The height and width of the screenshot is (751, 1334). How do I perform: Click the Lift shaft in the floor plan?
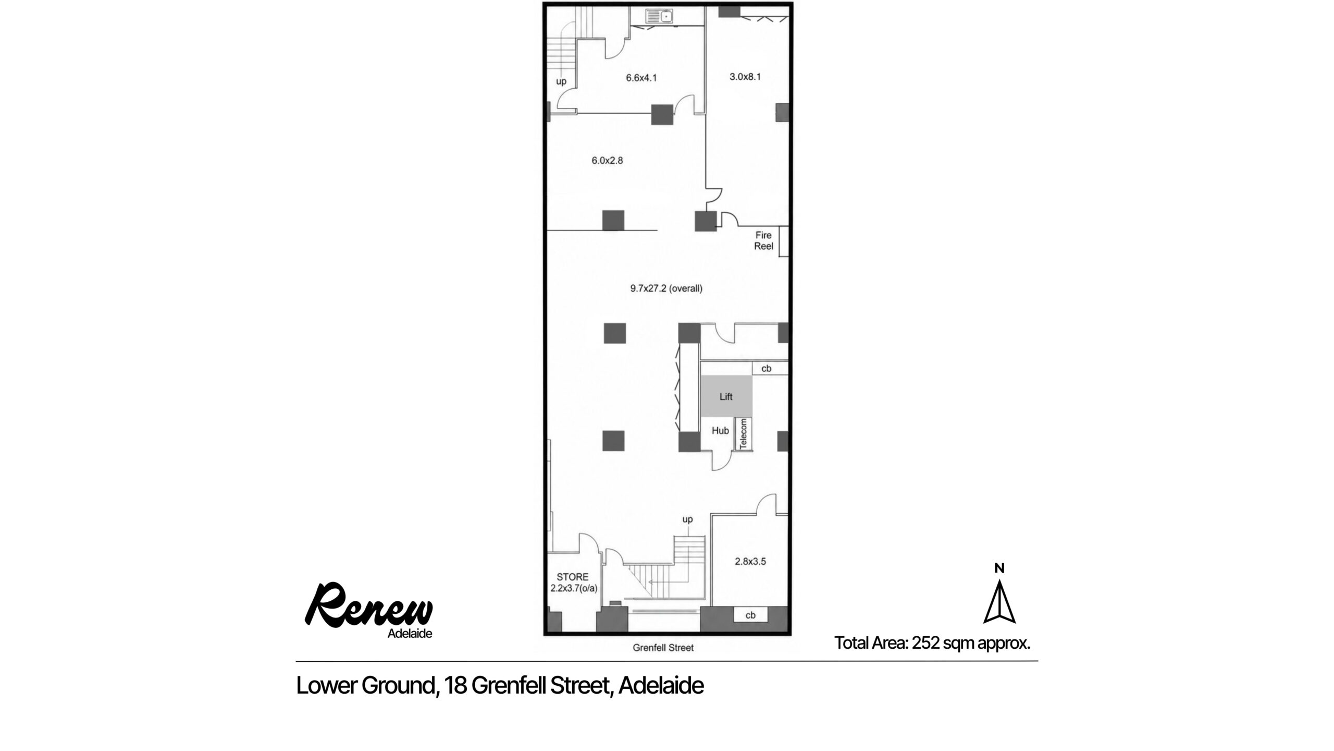point(726,396)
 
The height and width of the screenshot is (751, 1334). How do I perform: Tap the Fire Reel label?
point(763,241)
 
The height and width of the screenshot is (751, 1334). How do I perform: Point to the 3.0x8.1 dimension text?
point(745,77)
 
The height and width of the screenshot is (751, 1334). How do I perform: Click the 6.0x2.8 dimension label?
point(607,161)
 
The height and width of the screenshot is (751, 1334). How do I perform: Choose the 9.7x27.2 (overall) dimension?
point(666,288)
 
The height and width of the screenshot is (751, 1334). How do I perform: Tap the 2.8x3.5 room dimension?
point(750,562)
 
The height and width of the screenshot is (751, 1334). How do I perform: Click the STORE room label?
point(573,577)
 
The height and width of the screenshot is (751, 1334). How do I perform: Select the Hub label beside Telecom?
point(720,431)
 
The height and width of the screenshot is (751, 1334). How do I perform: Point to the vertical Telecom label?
point(744,433)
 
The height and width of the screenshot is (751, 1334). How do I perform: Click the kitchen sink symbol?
point(660,17)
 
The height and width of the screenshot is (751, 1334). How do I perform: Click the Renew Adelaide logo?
point(369,611)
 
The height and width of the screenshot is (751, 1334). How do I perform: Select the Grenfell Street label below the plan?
point(663,648)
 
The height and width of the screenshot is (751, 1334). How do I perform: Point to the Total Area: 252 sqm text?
point(933,643)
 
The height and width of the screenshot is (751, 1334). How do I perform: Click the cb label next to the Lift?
point(767,369)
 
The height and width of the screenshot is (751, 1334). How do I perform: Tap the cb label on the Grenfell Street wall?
point(750,615)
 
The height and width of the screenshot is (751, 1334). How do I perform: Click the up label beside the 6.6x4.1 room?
point(561,81)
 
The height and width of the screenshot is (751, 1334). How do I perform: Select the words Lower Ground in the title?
point(365,686)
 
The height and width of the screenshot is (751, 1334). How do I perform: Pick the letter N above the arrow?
point(999,568)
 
